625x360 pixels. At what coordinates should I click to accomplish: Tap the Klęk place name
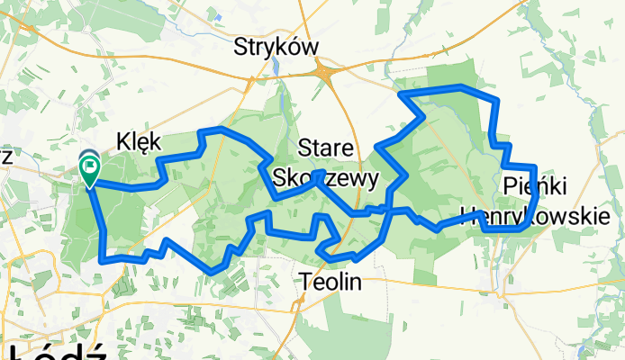point(139,139)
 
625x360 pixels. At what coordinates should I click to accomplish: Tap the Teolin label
point(330,282)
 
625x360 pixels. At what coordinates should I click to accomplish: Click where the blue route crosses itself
point(387,209)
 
